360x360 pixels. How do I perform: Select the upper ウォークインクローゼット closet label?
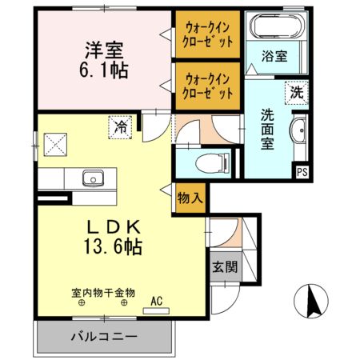point(208,33)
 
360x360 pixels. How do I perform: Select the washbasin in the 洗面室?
point(299,133)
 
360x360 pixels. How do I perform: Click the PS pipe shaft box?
point(302,170)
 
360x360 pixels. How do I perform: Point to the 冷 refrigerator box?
point(121,126)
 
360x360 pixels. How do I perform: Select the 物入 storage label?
point(190,197)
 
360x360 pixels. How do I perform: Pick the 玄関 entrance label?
point(223,267)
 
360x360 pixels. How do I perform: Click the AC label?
point(157,301)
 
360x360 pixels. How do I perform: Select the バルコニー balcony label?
point(103,336)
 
